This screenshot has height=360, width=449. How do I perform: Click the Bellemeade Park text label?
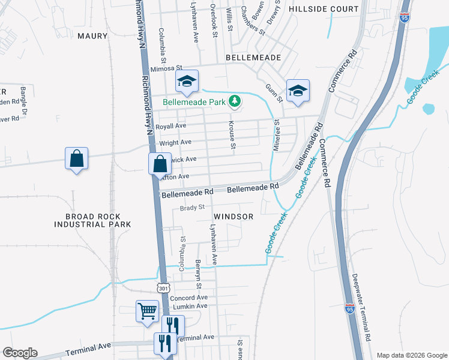click(194, 103)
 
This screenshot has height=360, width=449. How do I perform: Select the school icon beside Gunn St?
click(297, 91)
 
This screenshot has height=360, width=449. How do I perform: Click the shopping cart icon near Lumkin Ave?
click(147, 311)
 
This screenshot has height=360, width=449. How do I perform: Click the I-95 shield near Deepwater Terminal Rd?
click(350, 308)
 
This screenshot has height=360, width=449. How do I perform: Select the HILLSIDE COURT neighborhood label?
click(324, 10)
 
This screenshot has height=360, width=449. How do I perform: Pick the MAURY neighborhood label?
click(92, 36)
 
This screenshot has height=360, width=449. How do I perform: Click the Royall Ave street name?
click(171, 126)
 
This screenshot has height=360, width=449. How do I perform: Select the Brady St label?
click(192, 208)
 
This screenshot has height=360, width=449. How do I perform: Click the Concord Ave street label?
click(188, 298)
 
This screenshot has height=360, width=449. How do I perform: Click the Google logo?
click(20, 353)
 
